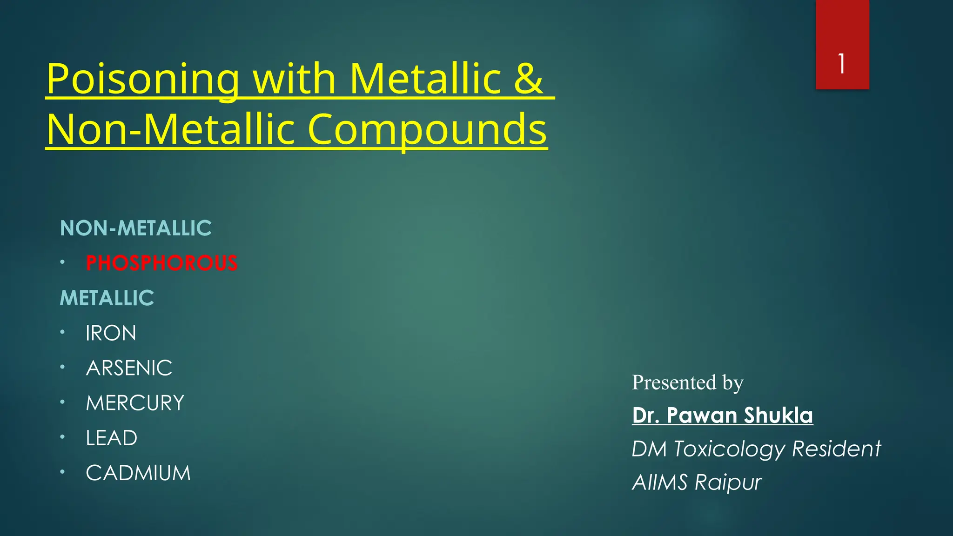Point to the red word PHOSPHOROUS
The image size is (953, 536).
(161, 263)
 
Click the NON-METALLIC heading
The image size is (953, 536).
(136, 228)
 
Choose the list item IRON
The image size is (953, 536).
(111, 333)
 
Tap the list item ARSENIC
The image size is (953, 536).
(129, 368)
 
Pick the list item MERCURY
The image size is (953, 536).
(135, 403)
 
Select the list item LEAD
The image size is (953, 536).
(111, 438)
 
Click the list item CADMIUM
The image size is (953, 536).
(138, 473)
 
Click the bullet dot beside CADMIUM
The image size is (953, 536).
(62, 472)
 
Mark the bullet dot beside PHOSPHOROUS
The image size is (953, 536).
(62, 262)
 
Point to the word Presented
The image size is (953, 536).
(674, 382)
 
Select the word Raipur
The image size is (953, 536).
(728, 482)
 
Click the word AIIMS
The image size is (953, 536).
(659, 482)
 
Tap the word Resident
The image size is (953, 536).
(836, 449)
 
